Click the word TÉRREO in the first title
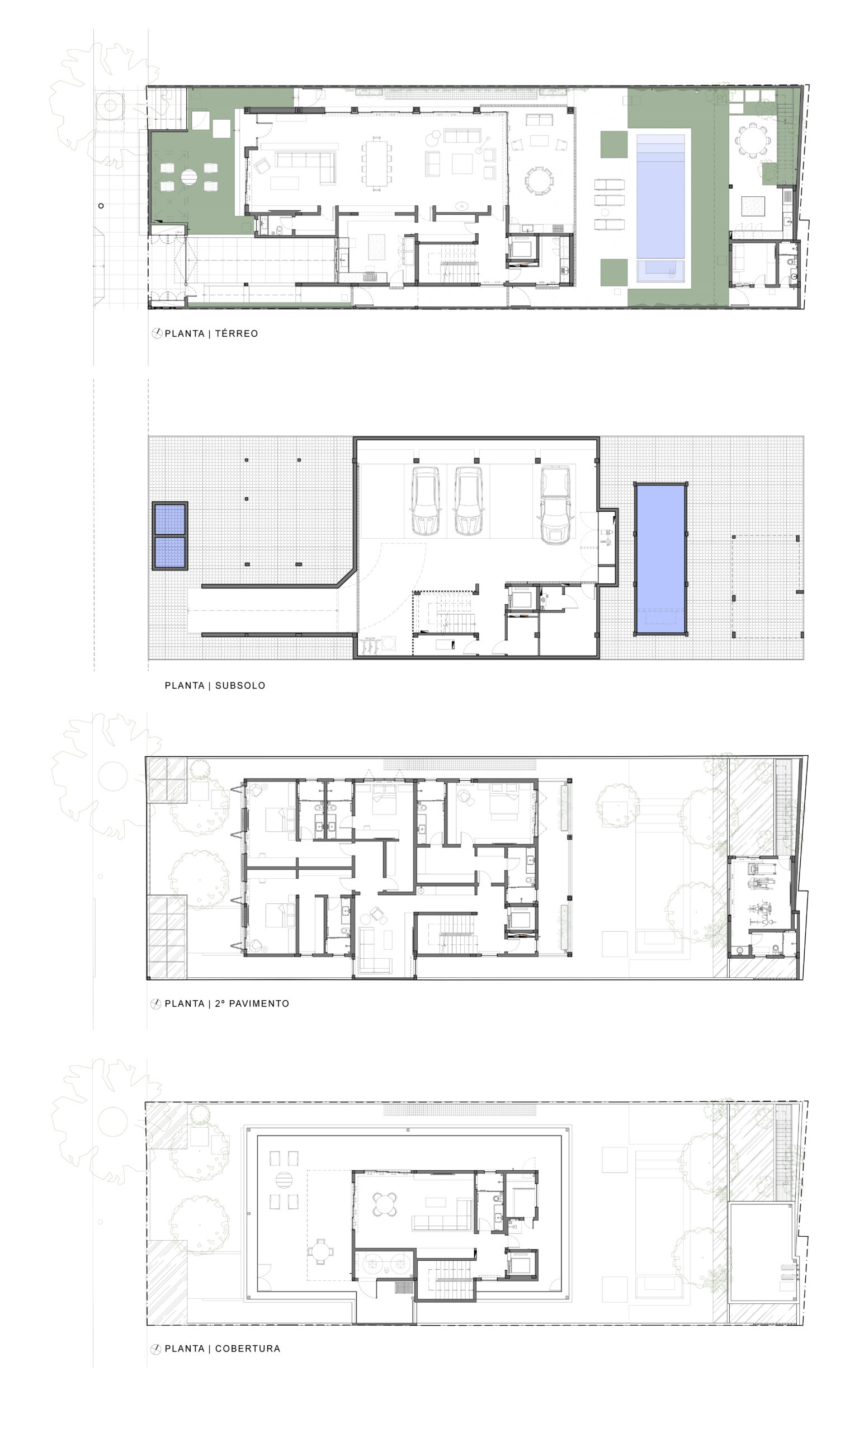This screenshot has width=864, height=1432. (236, 333)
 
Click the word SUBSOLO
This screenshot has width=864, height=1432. (240, 686)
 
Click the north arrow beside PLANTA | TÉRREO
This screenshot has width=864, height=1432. (156, 333)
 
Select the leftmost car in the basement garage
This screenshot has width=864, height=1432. (426, 501)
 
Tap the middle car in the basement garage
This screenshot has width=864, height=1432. (468, 501)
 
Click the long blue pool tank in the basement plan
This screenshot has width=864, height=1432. (660, 558)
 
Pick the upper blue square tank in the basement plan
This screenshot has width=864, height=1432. (169, 519)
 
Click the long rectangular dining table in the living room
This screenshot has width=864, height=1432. (376, 163)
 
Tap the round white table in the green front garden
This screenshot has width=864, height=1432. (189, 177)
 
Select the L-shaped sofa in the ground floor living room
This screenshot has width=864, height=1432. (306, 166)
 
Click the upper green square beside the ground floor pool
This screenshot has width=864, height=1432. (613, 144)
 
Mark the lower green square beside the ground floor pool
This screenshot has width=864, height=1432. (613, 272)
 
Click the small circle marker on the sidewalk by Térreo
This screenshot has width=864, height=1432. (101, 206)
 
